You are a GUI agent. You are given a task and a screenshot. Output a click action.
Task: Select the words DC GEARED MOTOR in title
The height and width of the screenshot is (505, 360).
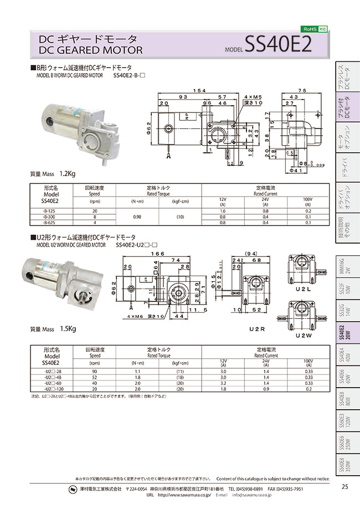point(90,50)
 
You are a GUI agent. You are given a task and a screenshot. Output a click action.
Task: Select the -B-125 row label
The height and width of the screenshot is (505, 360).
point(50,211)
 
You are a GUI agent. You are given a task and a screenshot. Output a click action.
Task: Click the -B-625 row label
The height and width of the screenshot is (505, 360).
point(50,223)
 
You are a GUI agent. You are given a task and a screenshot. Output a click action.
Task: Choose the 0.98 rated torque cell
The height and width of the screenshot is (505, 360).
point(137,217)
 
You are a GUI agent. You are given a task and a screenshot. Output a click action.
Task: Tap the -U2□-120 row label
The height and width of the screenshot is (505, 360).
point(50,389)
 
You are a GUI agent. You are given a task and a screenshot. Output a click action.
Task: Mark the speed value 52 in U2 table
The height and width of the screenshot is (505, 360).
point(95,377)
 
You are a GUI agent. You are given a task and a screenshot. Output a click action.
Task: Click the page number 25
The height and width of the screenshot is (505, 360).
point(344,487)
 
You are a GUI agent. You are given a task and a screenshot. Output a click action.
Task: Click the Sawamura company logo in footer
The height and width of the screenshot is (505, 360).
point(73,489)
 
